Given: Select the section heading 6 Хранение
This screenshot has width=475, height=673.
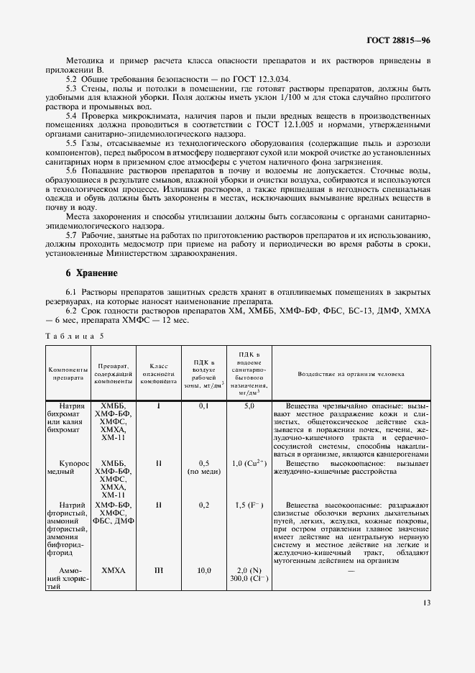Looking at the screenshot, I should click(x=91, y=274).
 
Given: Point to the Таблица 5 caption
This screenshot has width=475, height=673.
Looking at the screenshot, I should click(x=75, y=335).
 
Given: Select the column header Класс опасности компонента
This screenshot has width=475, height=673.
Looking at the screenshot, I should click(x=159, y=375).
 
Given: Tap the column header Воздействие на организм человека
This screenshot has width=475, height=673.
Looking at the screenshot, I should click(x=351, y=375).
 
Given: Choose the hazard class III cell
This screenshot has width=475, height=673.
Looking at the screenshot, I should click(x=159, y=571).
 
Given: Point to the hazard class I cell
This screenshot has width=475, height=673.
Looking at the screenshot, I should click(x=159, y=407).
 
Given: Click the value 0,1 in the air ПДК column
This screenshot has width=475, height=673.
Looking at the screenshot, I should click(x=203, y=407).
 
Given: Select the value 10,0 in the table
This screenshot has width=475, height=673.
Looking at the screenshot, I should click(x=203, y=571).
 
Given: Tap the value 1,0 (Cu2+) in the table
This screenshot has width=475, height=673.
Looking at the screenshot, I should click(x=249, y=464).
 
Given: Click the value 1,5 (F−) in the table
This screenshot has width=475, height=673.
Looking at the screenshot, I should click(x=249, y=505).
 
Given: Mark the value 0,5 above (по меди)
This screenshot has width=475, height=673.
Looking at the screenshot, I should click(x=203, y=464).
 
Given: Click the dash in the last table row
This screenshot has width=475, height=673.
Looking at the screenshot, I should click(x=351, y=571).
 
